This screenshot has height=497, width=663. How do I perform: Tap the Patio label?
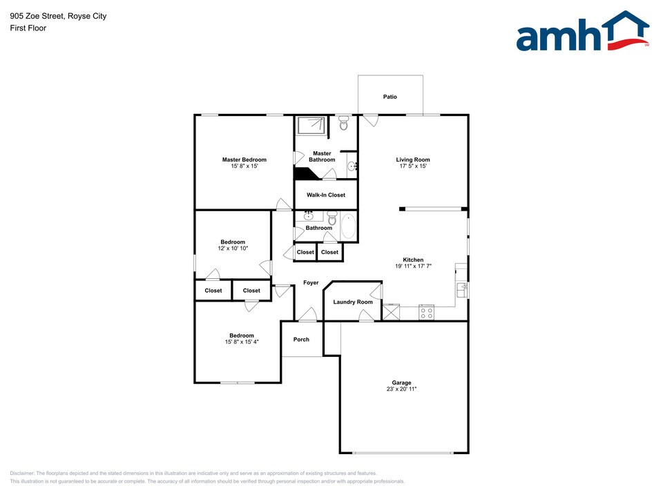point(390,97)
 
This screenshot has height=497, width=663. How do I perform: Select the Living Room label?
point(413,159)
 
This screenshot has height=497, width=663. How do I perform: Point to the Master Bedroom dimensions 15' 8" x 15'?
point(244,166)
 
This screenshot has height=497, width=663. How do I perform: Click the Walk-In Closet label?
point(326,195)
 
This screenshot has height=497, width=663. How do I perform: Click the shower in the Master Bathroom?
point(311,125)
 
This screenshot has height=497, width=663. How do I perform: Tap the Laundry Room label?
point(353,302)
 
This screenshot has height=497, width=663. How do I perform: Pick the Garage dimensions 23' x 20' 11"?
point(401,389)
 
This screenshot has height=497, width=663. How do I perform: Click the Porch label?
point(301,340)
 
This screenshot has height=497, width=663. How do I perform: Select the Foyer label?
point(311,283)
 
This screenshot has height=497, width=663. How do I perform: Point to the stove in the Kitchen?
point(426,312)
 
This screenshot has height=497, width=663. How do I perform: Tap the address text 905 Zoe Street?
point(39,16)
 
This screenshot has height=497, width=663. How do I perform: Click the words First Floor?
point(28,28)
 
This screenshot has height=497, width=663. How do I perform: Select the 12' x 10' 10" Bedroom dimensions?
point(233,248)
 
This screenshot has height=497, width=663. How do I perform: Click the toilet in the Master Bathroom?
point(343,125)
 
